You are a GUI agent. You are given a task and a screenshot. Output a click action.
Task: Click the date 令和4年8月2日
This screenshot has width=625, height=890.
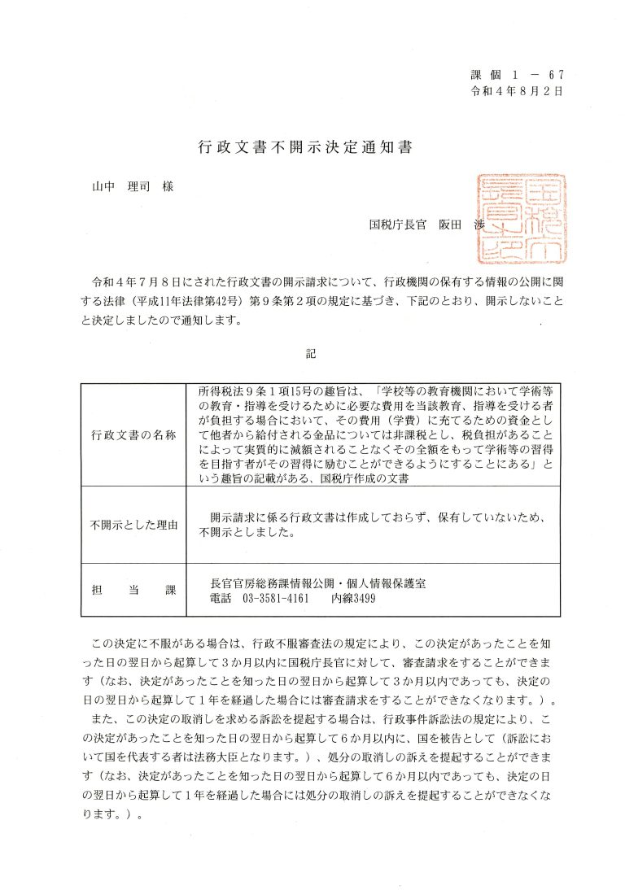pyautogui.click(x=517, y=91)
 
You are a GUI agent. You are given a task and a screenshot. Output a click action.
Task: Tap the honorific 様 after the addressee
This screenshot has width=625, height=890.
pyautogui.click(x=168, y=186)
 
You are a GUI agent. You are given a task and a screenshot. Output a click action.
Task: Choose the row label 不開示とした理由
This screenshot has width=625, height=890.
pyautogui.click(x=133, y=524)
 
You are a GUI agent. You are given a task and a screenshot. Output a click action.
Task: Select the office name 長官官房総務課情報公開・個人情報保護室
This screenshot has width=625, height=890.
pyautogui.click(x=318, y=582)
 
